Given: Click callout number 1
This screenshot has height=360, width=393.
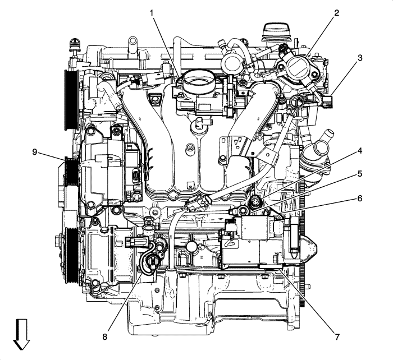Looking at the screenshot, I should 152,12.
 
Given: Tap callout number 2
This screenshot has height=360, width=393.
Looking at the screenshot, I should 336,12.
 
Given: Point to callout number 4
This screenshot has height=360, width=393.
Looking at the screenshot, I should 359,150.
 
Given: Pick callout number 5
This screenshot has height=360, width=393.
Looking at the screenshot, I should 359,174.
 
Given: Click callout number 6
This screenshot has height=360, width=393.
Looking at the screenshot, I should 359,198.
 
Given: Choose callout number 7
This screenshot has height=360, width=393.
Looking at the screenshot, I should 336,338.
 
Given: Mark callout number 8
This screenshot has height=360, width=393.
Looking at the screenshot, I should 104,338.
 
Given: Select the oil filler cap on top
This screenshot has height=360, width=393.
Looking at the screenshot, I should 273,31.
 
